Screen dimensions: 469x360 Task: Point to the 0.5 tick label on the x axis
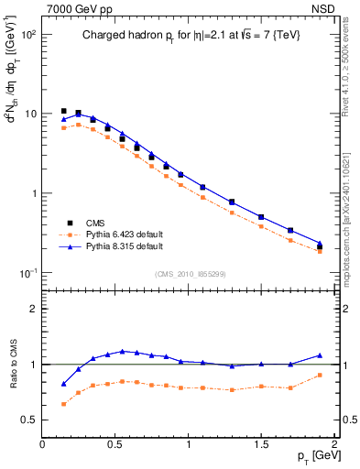115,444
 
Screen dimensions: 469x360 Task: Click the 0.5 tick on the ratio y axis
30,420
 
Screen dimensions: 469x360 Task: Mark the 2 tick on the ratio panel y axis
33,309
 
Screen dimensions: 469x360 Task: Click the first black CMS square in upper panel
63,111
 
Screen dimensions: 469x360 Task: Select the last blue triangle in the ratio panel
320,354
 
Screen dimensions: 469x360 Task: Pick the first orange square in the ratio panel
63,404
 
